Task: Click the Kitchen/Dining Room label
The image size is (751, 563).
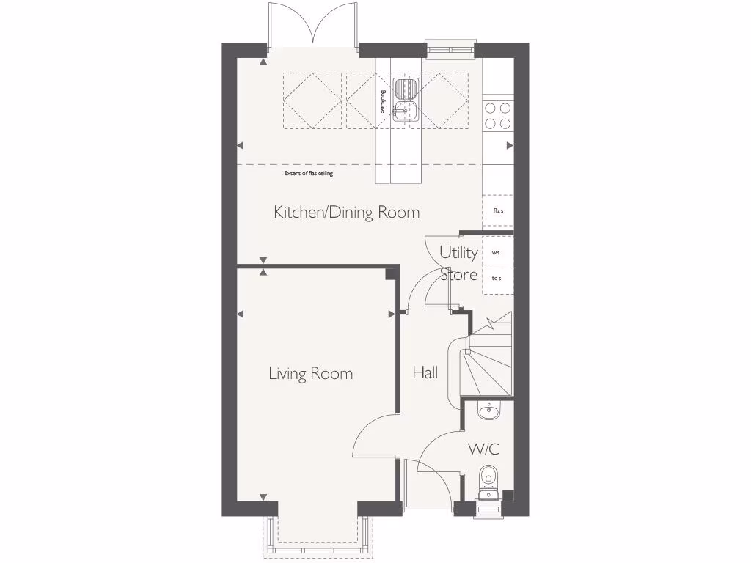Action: (x=346, y=213)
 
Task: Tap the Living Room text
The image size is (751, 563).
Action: (x=310, y=374)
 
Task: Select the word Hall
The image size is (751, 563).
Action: (x=425, y=372)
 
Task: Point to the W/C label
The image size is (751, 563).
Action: (x=483, y=449)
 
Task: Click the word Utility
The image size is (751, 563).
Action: (x=458, y=252)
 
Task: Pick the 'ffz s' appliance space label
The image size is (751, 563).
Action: (x=498, y=211)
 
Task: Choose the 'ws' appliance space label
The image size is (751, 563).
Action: (x=496, y=252)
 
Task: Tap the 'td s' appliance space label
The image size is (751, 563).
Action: (x=497, y=278)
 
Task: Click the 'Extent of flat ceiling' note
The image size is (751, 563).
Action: (x=308, y=174)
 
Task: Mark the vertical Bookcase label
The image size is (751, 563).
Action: (x=383, y=101)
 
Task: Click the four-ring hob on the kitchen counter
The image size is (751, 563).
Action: (x=498, y=115)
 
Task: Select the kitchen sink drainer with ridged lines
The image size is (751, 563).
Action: (x=405, y=89)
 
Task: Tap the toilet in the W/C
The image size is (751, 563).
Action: (x=488, y=480)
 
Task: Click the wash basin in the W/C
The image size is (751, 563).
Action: (x=488, y=411)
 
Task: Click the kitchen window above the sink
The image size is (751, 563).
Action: (x=450, y=48)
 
